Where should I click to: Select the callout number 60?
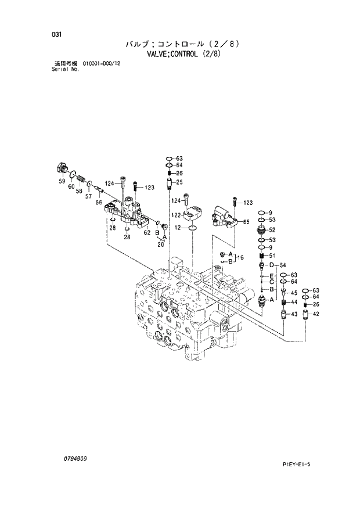pos(71,186)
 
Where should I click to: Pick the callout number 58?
pos(79,191)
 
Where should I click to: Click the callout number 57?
pos(89,196)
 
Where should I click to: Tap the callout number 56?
pos(99,202)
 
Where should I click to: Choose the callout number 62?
pos(147,232)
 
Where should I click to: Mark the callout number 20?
pos(161,244)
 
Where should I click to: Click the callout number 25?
pos(179,182)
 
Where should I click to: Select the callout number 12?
pos(178,227)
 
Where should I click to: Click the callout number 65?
pos(246,222)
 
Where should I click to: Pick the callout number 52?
pos(272,229)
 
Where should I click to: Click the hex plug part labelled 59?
pos(61,168)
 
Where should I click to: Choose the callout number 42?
pos(316,314)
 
